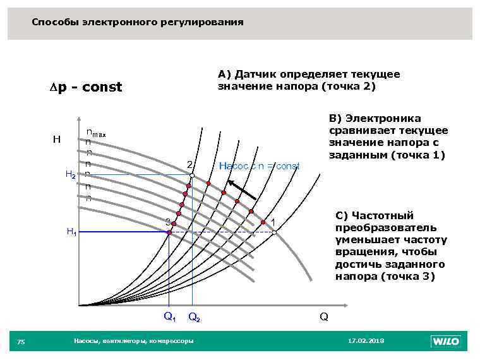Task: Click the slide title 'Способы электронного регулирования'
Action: click(x=137, y=22)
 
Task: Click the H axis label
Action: click(x=57, y=139)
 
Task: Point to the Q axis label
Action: click(x=323, y=316)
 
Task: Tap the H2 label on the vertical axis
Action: click(x=71, y=175)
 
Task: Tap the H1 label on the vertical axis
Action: click(x=71, y=232)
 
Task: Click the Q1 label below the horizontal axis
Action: click(x=169, y=316)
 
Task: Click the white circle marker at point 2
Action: click(x=192, y=176)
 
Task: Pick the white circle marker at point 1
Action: click(x=275, y=232)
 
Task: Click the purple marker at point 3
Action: click(x=169, y=232)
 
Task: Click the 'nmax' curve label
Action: click(x=96, y=133)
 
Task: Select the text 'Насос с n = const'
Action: click(x=258, y=166)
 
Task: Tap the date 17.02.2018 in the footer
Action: click(x=366, y=341)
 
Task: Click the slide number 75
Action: click(x=21, y=342)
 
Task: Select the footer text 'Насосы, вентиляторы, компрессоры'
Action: click(x=133, y=341)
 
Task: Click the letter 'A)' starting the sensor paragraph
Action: click(x=224, y=75)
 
